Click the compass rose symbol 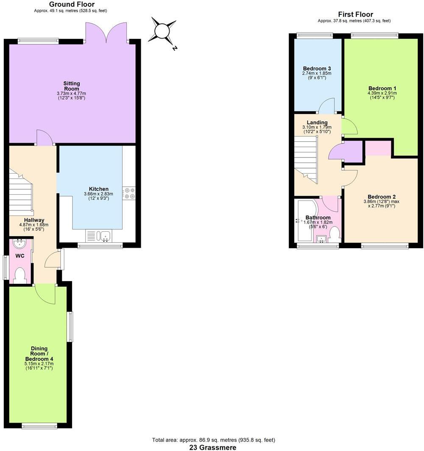[x=162, y=31]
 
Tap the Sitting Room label [x=72, y=86]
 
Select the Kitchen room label [x=98, y=189]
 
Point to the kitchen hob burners [x=129, y=193]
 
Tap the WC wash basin [x=20, y=243]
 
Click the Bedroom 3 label [x=317, y=69]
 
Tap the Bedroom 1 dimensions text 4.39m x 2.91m [x=382, y=93]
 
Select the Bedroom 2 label [x=382, y=197]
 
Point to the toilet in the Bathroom [x=335, y=234]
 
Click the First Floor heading [x=355, y=14]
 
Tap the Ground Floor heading [x=72, y=4]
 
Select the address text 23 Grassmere [x=213, y=447]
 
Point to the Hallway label [x=34, y=220]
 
